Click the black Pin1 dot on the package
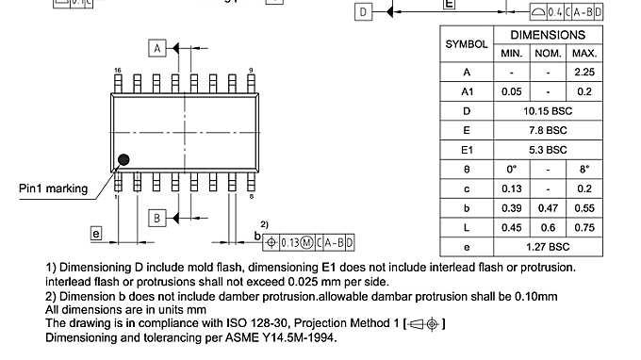pos(123,160)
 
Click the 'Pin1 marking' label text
pos(54,188)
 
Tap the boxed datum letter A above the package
pos(158,47)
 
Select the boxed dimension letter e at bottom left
pos(96,232)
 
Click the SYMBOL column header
pos(467,44)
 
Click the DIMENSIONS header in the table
pos(548,35)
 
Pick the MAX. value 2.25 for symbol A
pos(584,72)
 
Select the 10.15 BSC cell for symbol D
pos(548,110)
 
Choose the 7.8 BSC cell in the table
pos(548,130)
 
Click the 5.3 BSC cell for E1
pos(548,149)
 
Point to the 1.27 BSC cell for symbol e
pos(548,246)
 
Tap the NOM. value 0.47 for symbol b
pos(548,207)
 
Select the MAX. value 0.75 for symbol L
pos(584,226)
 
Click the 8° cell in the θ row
pos(584,169)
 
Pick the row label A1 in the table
pos(467,91)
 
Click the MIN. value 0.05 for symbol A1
pos(512,91)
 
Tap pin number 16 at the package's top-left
pos(118,71)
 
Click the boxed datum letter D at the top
pos(365,12)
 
